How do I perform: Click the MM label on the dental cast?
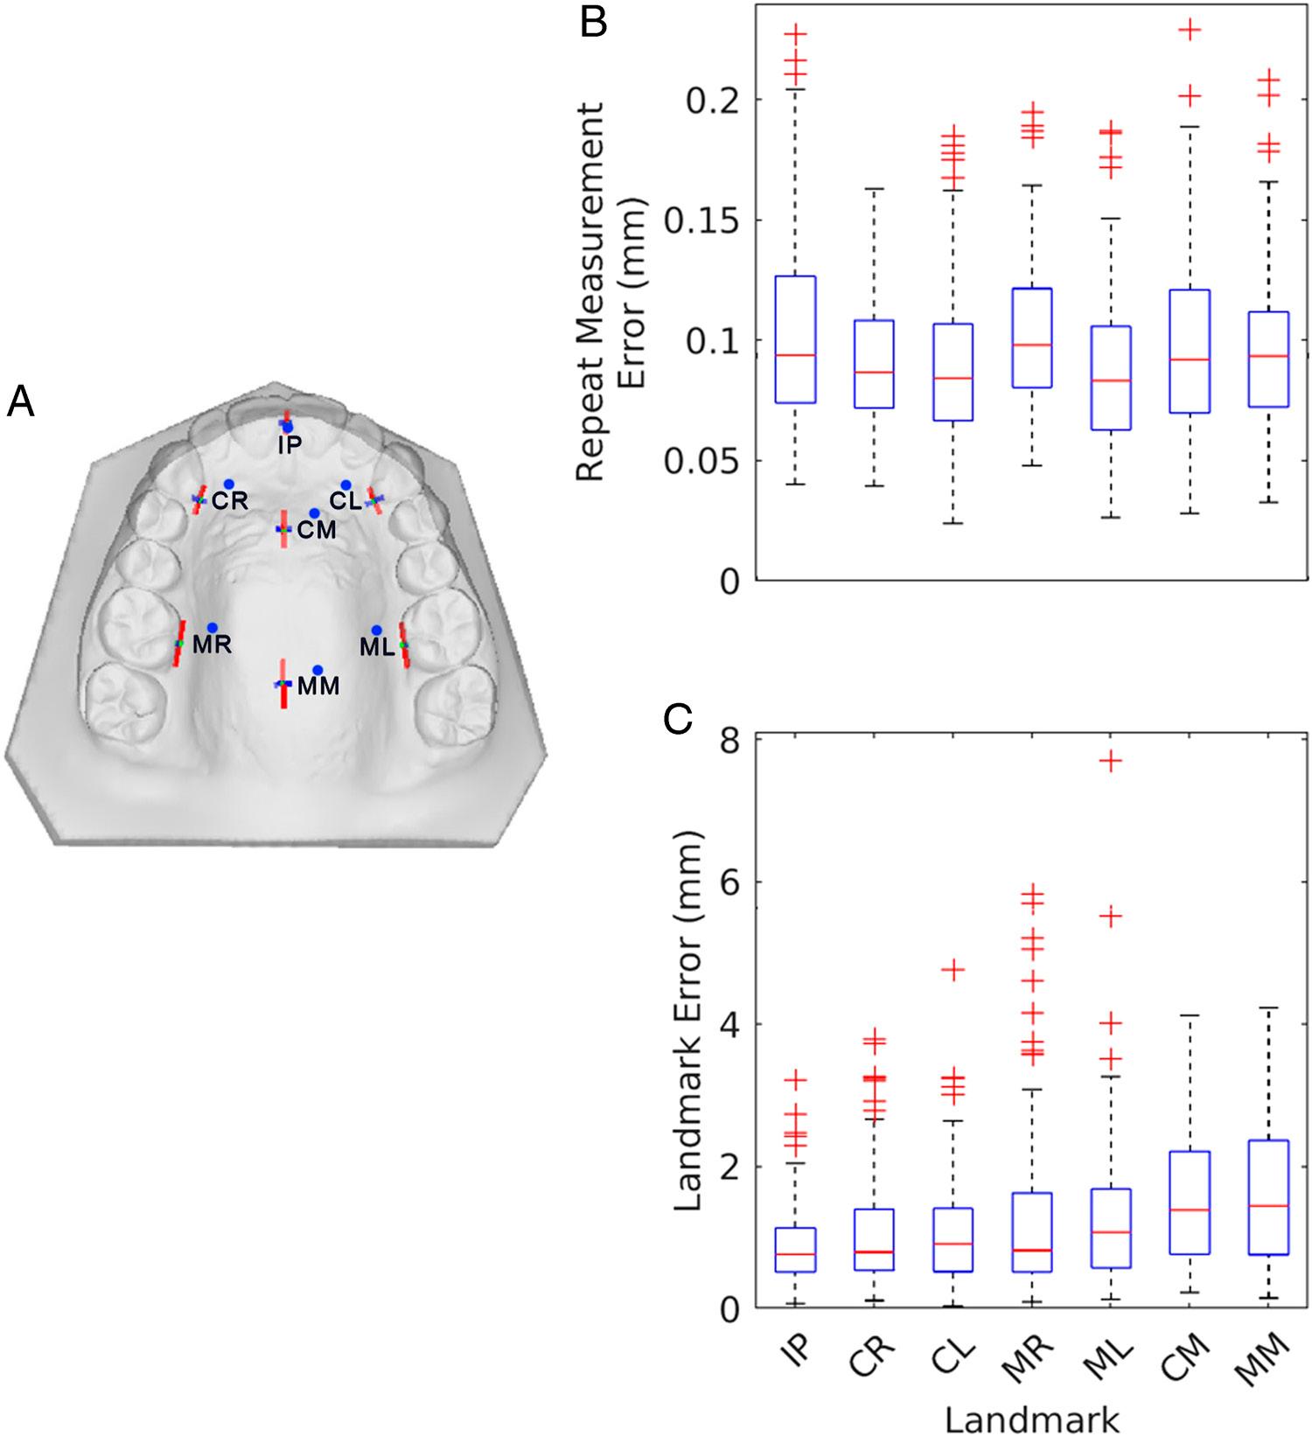[318, 687]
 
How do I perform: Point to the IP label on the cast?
[290, 445]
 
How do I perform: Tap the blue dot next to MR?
[212, 628]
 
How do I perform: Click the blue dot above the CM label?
[314, 512]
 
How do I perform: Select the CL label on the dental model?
[345, 502]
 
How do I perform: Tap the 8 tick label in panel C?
[728, 740]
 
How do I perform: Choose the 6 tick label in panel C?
[728, 882]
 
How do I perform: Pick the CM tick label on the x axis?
[1187, 1358]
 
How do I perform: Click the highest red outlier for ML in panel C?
[1111, 761]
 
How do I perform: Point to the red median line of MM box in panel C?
[1269, 1206]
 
